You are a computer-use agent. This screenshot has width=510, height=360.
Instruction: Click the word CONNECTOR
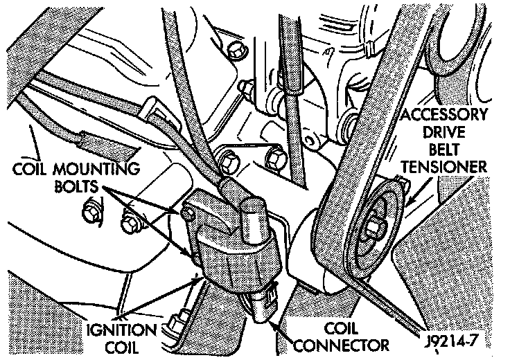point(344,343)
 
